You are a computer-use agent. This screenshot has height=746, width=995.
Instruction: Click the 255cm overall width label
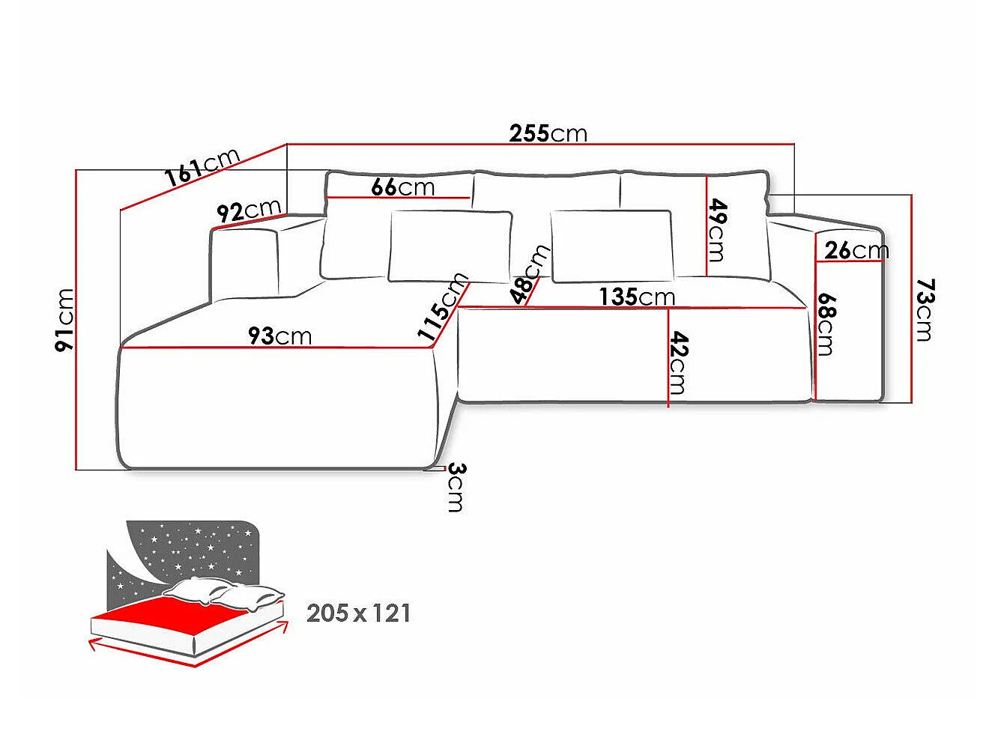(x=548, y=133)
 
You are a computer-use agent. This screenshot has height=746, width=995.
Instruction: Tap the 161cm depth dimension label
(x=202, y=167)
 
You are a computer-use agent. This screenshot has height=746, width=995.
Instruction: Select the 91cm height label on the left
(x=64, y=320)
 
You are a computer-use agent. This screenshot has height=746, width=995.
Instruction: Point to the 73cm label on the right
(x=925, y=310)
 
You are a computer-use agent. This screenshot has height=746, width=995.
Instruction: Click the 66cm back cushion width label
(x=403, y=186)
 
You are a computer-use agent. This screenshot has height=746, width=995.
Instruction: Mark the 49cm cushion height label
(x=717, y=230)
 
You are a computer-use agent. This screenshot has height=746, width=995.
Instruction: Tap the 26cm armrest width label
(x=856, y=250)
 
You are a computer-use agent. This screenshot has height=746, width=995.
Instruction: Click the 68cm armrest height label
(x=826, y=324)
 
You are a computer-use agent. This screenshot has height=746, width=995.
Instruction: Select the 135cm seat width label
(x=638, y=297)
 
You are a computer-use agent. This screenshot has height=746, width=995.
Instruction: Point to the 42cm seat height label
(x=679, y=363)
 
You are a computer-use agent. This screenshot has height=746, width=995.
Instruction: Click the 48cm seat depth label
(x=530, y=274)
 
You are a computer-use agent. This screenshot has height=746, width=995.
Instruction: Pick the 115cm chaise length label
(x=442, y=306)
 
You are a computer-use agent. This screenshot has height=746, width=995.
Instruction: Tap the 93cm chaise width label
(x=279, y=336)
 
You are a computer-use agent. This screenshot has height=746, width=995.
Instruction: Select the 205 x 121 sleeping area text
(x=359, y=613)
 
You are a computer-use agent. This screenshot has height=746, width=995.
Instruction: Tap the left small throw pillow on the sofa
(x=450, y=246)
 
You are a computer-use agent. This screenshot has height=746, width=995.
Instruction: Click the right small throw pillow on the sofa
(x=612, y=246)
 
